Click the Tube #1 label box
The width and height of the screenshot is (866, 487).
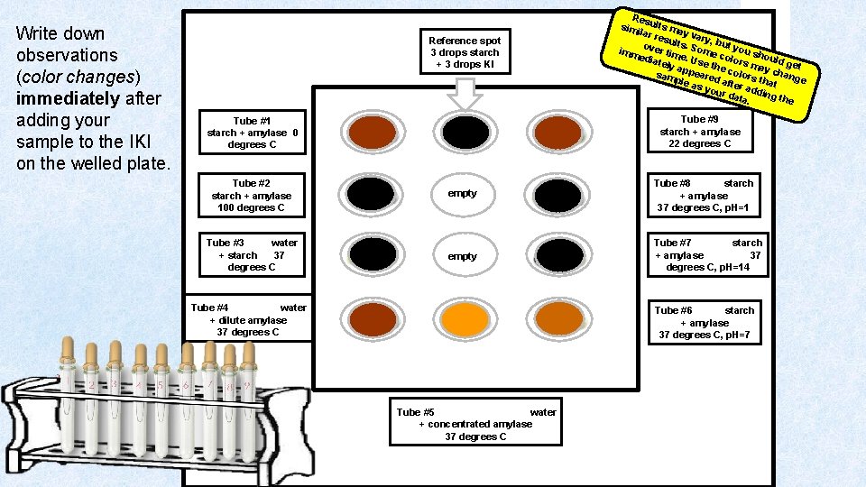[x=252, y=132]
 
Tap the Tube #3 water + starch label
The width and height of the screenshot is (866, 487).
[x=251, y=254]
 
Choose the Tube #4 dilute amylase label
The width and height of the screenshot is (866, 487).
[x=248, y=319]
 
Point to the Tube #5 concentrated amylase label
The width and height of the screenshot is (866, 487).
[x=475, y=424]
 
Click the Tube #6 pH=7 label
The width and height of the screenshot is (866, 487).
[x=705, y=322]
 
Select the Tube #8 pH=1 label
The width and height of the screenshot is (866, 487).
[x=704, y=195]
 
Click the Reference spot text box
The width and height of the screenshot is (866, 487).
[x=465, y=52]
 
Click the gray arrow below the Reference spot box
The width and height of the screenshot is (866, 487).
[x=464, y=94]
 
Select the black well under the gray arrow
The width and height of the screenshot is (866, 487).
[x=465, y=133]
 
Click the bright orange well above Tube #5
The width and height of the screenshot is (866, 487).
[x=464, y=317]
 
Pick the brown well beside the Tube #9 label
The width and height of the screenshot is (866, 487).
[x=558, y=133]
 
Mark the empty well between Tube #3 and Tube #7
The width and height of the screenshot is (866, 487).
[x=463, y=256]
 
